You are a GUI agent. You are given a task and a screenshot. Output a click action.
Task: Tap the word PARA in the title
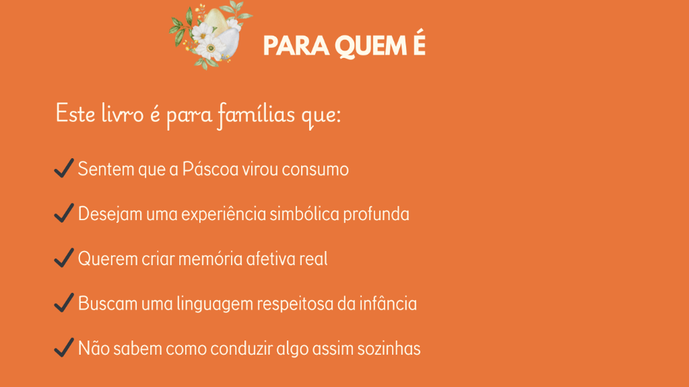click(x=296, y=46)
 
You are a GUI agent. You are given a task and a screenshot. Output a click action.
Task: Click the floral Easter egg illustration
click(x=210, y=35)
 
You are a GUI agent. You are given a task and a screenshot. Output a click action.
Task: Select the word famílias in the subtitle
click(x=256, y=115)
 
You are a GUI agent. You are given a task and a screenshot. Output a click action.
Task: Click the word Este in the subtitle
click(x=75, y=114)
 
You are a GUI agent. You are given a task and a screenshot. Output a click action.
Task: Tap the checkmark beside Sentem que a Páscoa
click(x=64, y=168)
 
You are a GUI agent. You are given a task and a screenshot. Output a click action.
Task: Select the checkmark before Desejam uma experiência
click(x=64, y=213)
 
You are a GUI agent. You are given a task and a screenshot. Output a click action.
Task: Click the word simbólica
click(x=304, y=214)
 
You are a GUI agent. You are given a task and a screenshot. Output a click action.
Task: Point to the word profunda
click(x=376, y=214)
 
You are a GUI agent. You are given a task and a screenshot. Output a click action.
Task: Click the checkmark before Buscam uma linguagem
click(x=64, y=303)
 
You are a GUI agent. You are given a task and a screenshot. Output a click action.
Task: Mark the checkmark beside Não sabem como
click(x=64, y=347)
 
